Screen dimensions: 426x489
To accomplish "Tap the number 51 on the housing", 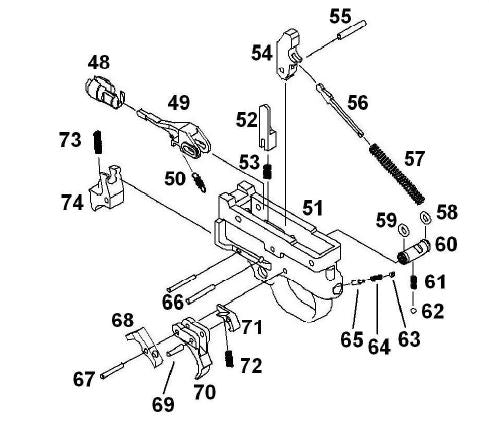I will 314,207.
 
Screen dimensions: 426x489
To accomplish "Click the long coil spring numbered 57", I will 398,171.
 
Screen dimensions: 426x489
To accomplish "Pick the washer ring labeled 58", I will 424,220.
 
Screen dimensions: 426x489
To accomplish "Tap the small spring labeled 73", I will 99,144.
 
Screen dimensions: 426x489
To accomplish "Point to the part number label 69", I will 163,404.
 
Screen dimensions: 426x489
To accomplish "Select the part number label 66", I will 172,301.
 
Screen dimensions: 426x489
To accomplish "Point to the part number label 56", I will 357,103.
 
